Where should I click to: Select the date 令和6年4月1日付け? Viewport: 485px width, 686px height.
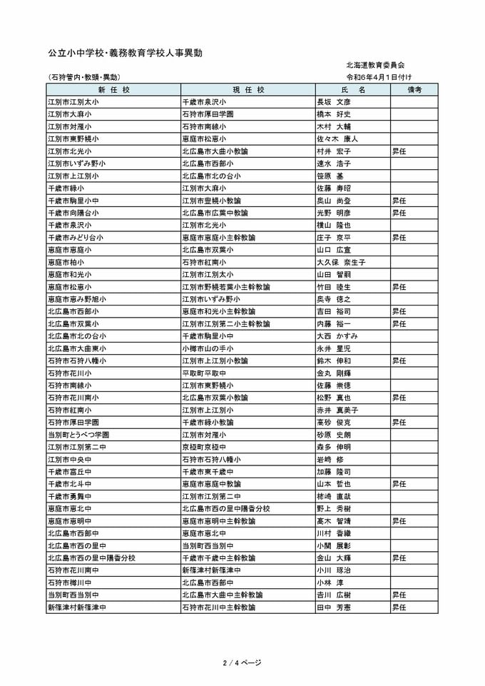pos(379,76)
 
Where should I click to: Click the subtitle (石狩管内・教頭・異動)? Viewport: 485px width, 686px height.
pos(83,76)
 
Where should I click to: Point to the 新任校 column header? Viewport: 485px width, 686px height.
pos(113,89)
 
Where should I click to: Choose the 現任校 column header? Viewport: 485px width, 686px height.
pos(248,89)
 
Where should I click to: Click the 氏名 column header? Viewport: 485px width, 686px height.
pos(352,89)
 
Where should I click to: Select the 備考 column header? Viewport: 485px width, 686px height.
pos(414,89)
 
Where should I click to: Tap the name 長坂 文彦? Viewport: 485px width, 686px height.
pos(334,101)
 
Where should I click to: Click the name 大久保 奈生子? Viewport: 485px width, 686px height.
pos(341,262)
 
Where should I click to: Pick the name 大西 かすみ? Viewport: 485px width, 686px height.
pos(337,336)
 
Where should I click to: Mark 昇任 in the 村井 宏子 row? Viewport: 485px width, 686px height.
pos(399,151)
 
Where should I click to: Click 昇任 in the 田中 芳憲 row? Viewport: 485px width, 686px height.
pos(399,607)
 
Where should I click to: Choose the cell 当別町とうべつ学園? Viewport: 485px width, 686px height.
pos(78,435)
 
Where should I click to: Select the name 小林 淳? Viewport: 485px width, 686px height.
pos(330,582)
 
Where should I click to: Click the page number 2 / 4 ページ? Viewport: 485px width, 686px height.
pos(242,663)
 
